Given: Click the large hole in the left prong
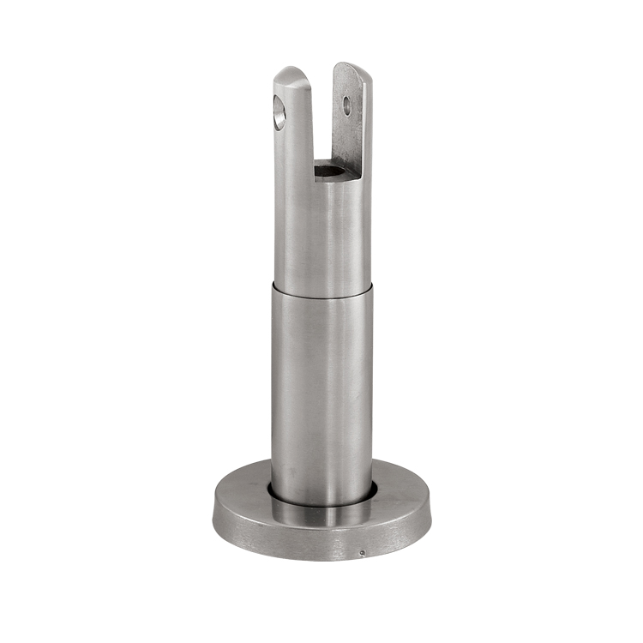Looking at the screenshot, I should [x=279, y=112].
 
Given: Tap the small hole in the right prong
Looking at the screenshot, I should [x=347, y=105].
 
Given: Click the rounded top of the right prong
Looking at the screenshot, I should [x=352, y=67].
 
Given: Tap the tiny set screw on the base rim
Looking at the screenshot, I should [x=362, y=552].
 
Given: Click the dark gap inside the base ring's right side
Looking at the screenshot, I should [x=373, y=490].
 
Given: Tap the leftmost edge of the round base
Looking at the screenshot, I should [x=213, y=513].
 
